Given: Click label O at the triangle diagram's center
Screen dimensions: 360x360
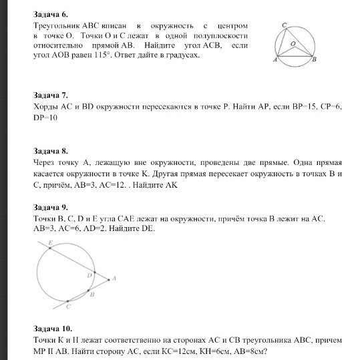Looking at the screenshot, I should click(x=293, y=42).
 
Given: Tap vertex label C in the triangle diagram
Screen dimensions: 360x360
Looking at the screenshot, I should click(x=283, y=25).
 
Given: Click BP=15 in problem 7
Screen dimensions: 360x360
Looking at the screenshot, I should click(x=277, y=106).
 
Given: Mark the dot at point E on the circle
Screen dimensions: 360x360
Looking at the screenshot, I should click(x=49, y=246).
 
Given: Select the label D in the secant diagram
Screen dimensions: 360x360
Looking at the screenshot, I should click(x=89, y=275).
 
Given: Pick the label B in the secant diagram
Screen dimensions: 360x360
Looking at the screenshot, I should click(x=93, y=294).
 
